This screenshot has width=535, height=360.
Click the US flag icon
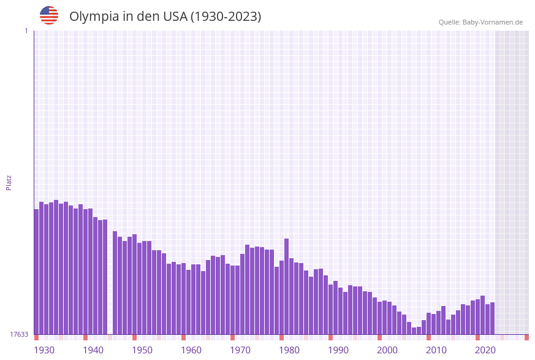[x=49, y=15]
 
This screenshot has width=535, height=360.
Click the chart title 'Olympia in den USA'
[x=165, y=17]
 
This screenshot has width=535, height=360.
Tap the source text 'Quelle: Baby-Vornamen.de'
[x=480, y=22]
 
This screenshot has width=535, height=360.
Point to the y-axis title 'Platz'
[x=9, y=182]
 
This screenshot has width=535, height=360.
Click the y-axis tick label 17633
[x=18, y=334]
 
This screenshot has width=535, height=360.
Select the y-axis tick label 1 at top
[x=26, y=31]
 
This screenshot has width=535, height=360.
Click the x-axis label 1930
[x=44, y=350]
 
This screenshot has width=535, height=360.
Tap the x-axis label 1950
[x=142, y=350]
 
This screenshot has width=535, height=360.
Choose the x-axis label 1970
[x=240, y=350]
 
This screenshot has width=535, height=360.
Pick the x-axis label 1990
[x=338, y=350]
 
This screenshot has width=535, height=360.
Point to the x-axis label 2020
[x=485, y=350]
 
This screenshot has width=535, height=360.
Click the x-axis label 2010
[x=436, y=350]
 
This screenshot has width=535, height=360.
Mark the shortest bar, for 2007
[x=414, y=331]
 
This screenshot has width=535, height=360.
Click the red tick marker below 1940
[x=86, y=337]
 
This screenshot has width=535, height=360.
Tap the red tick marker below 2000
[x=380, y=337]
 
